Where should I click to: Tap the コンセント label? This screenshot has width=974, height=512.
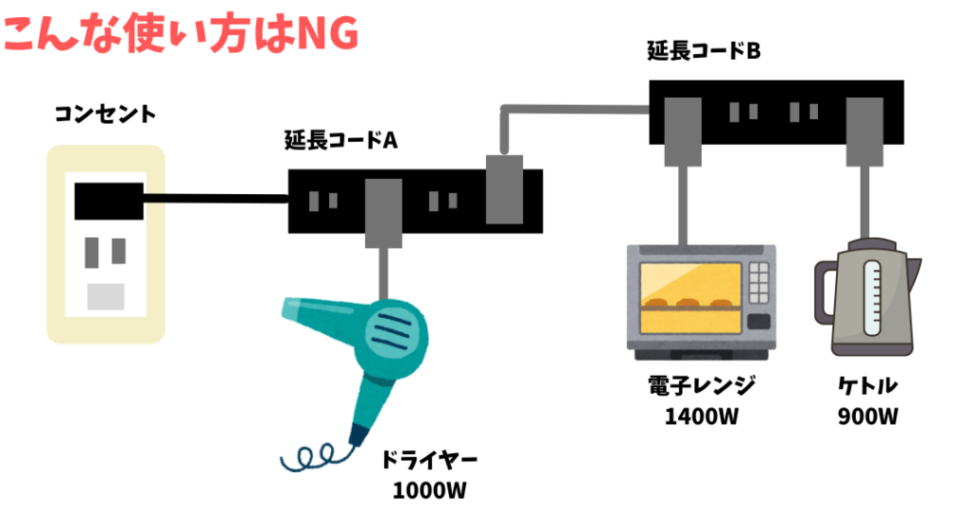click(x=105, y=116)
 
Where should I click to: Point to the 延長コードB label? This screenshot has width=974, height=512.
click(x=704, y=51)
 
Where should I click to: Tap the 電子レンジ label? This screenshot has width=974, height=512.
click(x=701, y=386)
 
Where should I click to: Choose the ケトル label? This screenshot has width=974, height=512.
click(x=868, y=386)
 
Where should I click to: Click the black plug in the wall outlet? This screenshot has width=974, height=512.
click(x=108, y=200)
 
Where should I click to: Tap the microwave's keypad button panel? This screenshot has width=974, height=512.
click(x=759, y=283)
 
